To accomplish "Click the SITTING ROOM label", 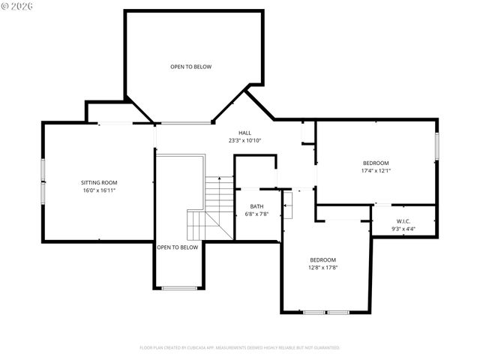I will pyautogui.click(x=99, y=182).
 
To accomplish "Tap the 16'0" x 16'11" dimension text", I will pyautogui.click(x=99, y=190).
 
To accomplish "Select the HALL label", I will pyautogui.click(x=245, y=132).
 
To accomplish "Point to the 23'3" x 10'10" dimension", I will pyautogui.click(x=245, y=140).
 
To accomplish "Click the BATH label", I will pyautogui.click(x=256, y=206).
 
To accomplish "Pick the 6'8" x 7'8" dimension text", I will pyautogui.click(x=256, y=214).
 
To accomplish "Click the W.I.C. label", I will pyautogui.click(x=403, y=221).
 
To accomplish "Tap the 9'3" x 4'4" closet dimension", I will pyautogui.click(x=403, y=229).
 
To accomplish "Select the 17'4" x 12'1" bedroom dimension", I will pyautogui.click(x=376, y=171).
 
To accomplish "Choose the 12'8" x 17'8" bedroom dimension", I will pyautogui.click(x=322, y=268).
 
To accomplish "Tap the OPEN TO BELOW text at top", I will pyautogui.click(x=190, y=67).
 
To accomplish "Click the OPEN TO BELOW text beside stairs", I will pyautogui.click(x=178, y=247).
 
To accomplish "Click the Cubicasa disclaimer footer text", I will pyautogui.click(x=240, y=348).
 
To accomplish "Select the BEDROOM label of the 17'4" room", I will pyautogui.click(x=376, y=163).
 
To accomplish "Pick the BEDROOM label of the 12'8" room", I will pyautogui.click(x=322, y=259).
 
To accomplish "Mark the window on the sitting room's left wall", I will pyautogui.click(x=42, y=180).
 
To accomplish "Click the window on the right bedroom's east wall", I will pyautogui.click(x=436, y=146).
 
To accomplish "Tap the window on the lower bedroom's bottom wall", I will pyautogui.click(x=326, y=311).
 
